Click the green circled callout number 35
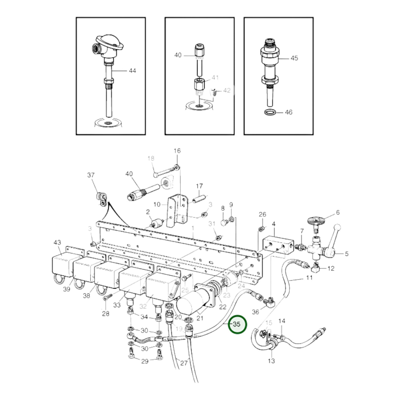tap(237, 324)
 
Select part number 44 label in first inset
tap(132, 71)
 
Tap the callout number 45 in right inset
tap(294, 58)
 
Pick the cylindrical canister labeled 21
tap(191, 304)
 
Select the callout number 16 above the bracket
tap(177, 151)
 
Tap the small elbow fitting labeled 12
tap(316, 268)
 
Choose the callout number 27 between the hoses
tap(184, 363)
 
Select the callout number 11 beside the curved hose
tap(309, 277)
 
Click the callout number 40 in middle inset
tap(178, 55)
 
